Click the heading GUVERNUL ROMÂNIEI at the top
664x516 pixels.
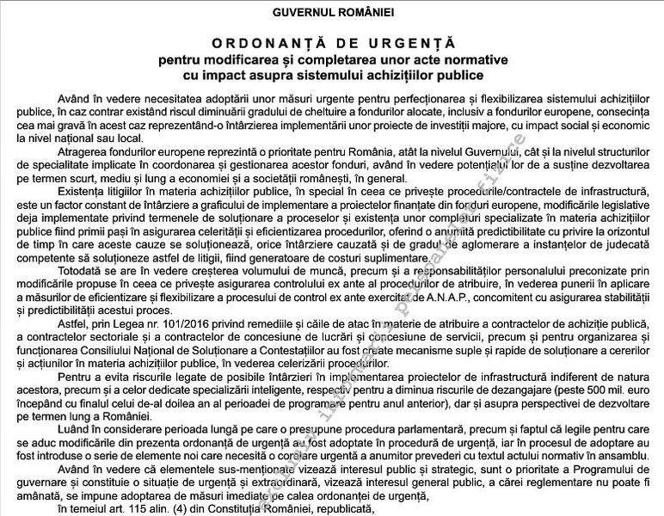click(x=332, y=13)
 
